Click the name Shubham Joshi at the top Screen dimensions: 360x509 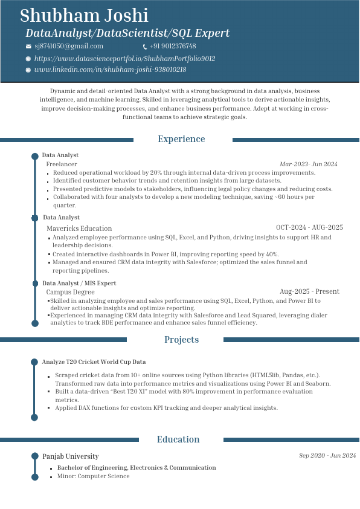point(84,16)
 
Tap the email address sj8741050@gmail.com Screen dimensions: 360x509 point(69,47)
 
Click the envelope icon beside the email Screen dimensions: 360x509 point(28,47)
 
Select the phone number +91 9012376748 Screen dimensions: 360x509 point(173,47)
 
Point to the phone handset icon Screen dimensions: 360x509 point(145,47)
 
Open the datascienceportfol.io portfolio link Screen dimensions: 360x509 point(124,59)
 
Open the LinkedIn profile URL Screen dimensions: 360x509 point(110,70)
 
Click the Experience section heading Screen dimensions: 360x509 point(181,139)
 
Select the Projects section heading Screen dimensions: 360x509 point(181,340)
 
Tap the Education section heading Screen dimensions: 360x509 point(178,439)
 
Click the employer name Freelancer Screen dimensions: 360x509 point(62,164)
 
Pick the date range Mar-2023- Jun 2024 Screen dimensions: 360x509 point(308,164)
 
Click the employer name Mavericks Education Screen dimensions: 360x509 point(79,229)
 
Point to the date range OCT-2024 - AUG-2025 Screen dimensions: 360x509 point(309,227)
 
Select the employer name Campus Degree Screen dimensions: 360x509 point(70,292)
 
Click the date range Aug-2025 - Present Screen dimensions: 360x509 point(309,291)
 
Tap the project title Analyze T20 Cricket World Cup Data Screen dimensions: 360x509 point(94,362)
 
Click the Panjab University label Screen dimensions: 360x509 point(71,456)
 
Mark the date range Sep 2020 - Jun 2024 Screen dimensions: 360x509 point(327,456)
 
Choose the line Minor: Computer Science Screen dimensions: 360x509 point(93,476)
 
